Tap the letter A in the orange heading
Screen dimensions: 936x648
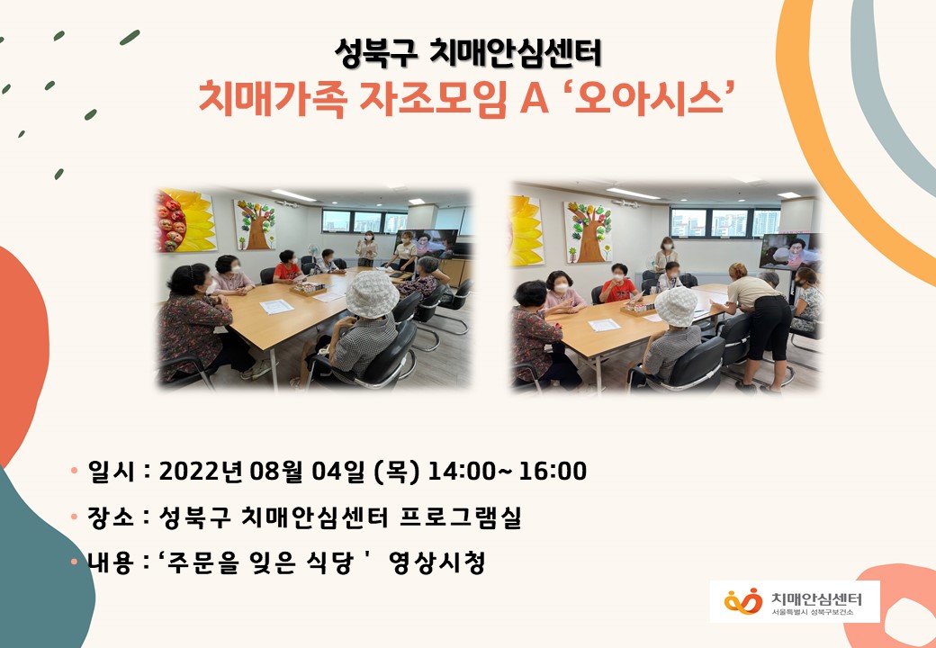click(535, 99)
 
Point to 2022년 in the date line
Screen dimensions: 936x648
click(201, 471)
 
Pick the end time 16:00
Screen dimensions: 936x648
click(553, 471)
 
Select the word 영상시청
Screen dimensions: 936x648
click(436, 562)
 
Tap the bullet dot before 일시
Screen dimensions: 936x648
click(74, 470)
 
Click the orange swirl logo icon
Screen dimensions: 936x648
click(743, 601)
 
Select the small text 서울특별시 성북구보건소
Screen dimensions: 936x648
click(813, 613)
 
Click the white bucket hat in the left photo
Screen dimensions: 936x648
click(372, 293)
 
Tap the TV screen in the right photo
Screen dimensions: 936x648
click(789, 251)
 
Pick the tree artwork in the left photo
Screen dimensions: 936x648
click(255, 225)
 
